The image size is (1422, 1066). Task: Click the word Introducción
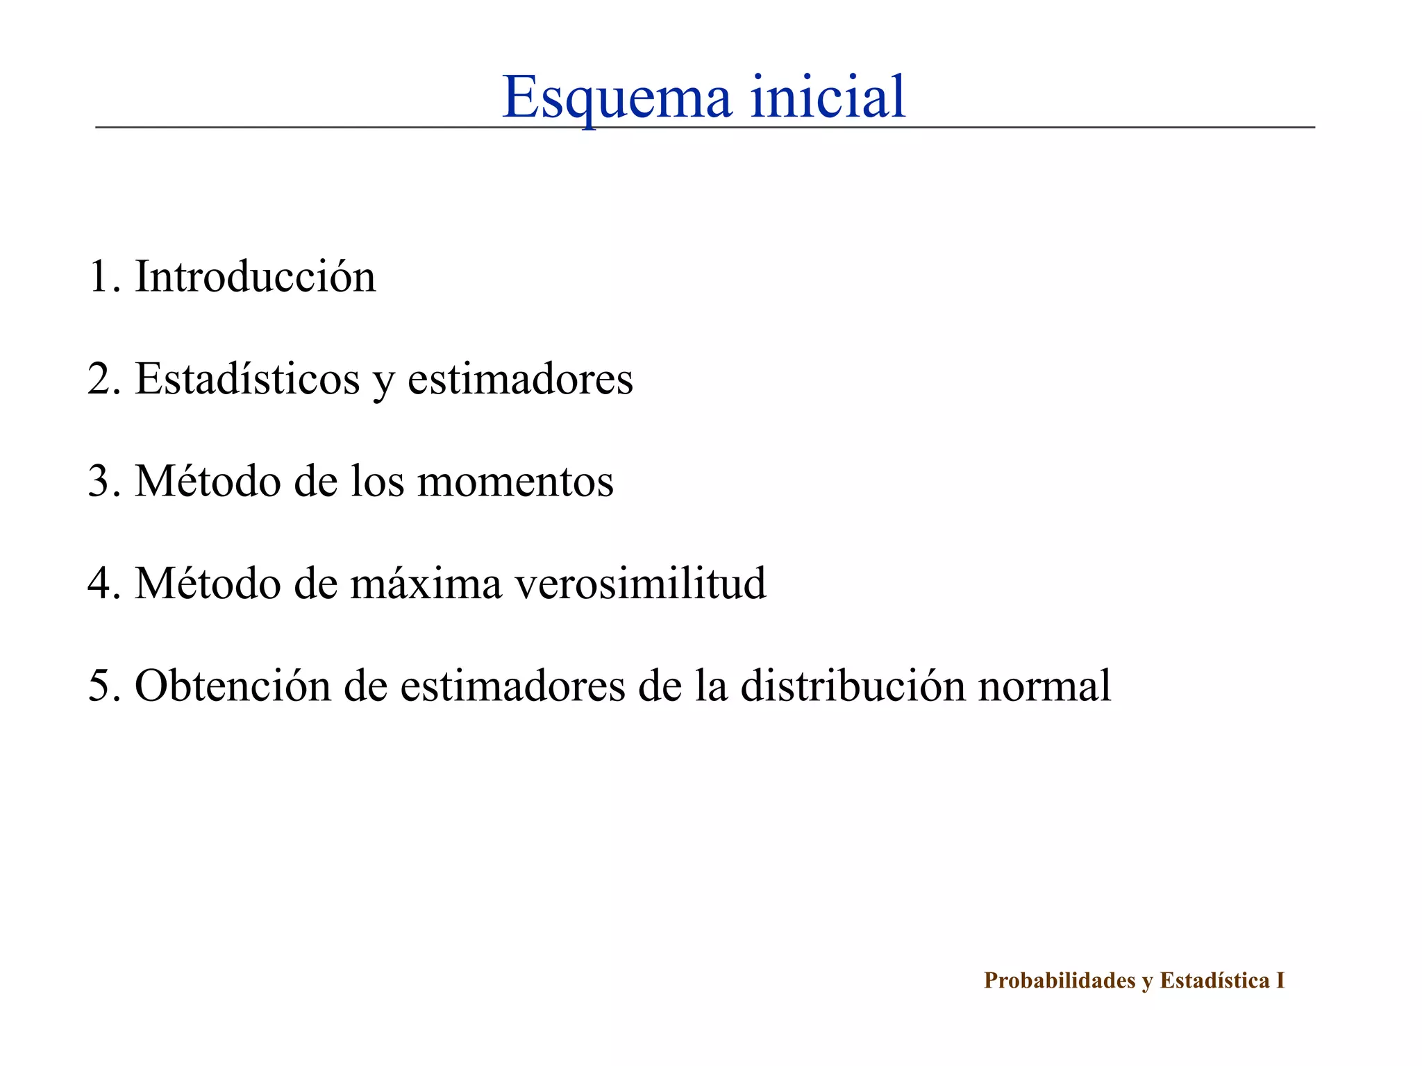[x=255, y=276]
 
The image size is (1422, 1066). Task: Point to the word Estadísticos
[x=247, y=379]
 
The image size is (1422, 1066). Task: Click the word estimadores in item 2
[x=520, y=379]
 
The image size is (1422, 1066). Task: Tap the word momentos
[x=515, y=481]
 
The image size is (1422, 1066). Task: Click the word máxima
[x=426, y=583]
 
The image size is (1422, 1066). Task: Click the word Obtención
[x=233, y=686]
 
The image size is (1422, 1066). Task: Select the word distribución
[x=853, y=686]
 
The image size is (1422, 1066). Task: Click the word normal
[x=1044, y=686]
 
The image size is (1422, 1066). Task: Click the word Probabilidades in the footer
[x=1060, y=981]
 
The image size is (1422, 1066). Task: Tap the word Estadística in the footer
[x=1214, y=981]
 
